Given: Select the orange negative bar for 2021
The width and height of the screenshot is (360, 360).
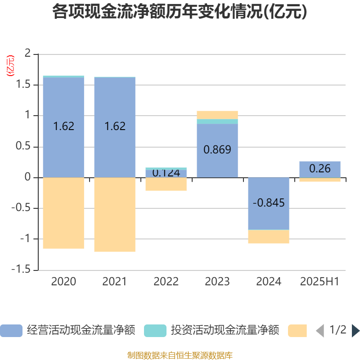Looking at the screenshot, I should click(115, 214).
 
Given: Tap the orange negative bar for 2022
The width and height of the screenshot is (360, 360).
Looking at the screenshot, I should click(166, 184).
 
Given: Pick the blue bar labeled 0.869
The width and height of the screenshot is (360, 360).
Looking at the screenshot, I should click(217, 150).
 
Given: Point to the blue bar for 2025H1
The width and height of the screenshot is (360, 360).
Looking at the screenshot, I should click(320, 169).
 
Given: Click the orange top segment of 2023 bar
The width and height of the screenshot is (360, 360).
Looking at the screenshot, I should click(217, 115).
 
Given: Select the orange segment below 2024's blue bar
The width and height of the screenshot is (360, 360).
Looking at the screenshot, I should click(269, 237).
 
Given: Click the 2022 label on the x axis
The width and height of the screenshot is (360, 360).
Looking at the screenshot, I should click(166, 282).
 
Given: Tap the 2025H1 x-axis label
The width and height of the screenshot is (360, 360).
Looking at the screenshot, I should click(319, 282).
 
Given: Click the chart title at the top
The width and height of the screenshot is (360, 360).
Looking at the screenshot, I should click(180, 12).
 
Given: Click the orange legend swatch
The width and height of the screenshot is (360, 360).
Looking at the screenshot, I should click(297, 330).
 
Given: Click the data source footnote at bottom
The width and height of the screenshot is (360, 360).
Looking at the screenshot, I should click(180, 355).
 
